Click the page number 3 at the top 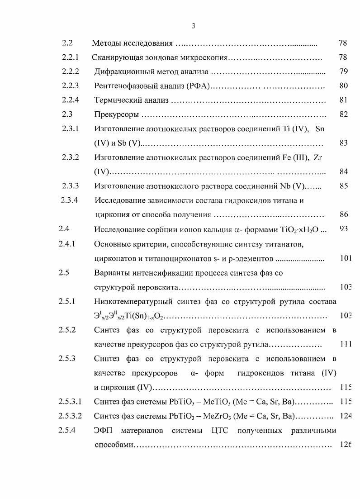click(193, 26)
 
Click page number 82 click(343, 114)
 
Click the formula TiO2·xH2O click(299, 229)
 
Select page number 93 click(343, 229)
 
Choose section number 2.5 click(64, 273)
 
